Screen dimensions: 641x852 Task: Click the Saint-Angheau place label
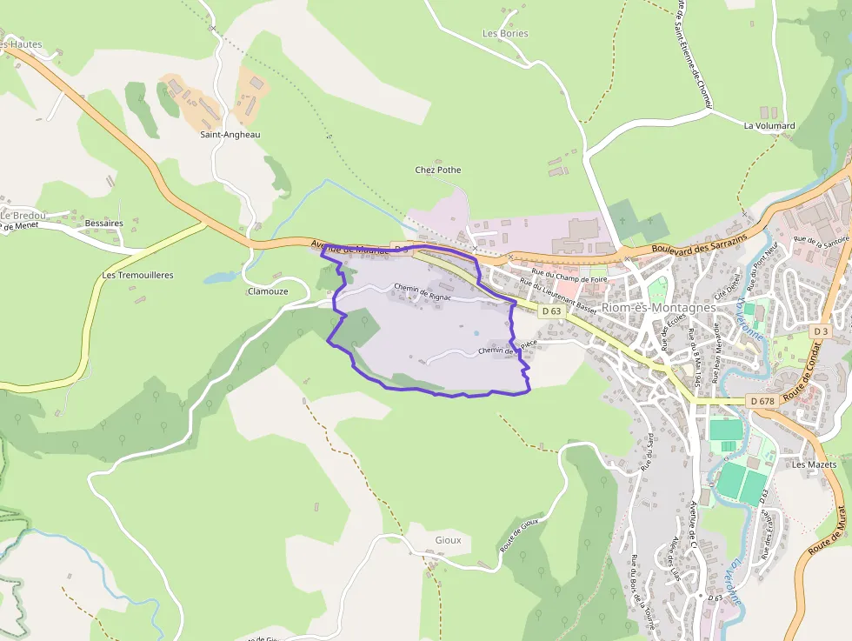tap(230, 135)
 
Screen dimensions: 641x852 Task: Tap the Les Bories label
tap(505, 34)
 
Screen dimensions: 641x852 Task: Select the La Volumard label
tap(769, 126)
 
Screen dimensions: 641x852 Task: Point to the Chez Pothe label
tap(438, 170)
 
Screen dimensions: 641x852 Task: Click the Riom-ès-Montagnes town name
tap(658, 308)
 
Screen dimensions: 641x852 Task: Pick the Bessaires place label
tap(104, 224)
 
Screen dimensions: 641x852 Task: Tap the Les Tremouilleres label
tap(137, 276)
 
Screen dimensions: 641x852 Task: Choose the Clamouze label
tap(268, 292)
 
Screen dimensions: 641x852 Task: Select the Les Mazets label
tap(814, 464)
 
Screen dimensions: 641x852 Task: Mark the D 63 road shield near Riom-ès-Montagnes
tap(551, 311)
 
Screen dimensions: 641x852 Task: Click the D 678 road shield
tap(761, 401)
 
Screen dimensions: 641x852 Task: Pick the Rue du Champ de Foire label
tap(569, 278)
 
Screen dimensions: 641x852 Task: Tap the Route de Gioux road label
tap(520, 535)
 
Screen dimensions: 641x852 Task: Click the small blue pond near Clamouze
tap(220, 278)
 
